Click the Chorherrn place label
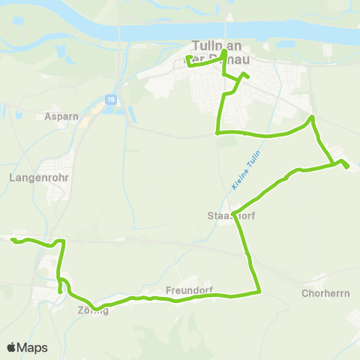(x=325, y=293)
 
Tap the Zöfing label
(x=92, y=310)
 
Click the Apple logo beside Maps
(x=12, y=347)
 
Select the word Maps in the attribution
(x=32, y=347)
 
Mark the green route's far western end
(x=13, y=239)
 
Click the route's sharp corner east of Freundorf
(x=259, y=292)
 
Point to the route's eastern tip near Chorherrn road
(x=347, y=167)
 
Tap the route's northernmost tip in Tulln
(x=223, y=52)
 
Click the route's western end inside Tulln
(x=187, y=57)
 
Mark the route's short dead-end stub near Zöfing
(x=60, y=291)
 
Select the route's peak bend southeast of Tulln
(x=312, y=118)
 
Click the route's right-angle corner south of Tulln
(x=217, y=133)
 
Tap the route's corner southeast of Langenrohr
(x=64, y=241)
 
